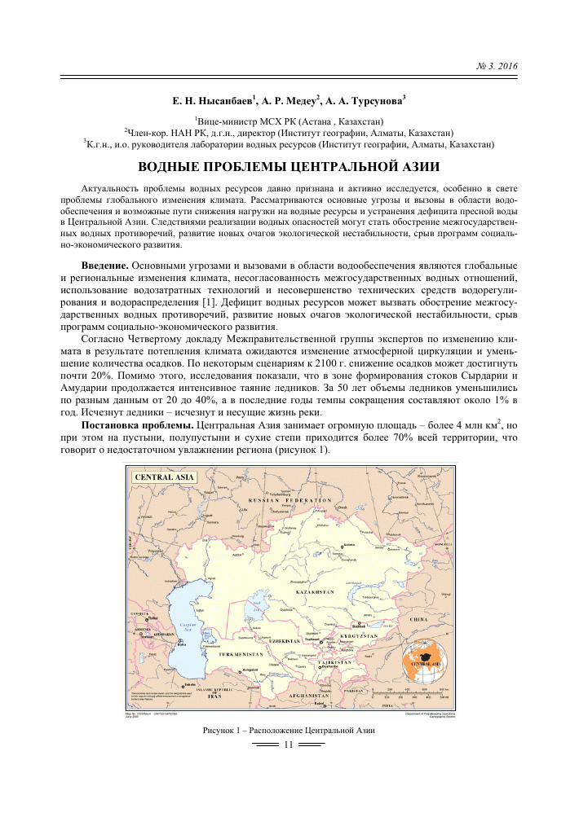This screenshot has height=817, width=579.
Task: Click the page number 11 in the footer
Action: coord(288,745)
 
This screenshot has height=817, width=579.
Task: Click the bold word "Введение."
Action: coord(104,266)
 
